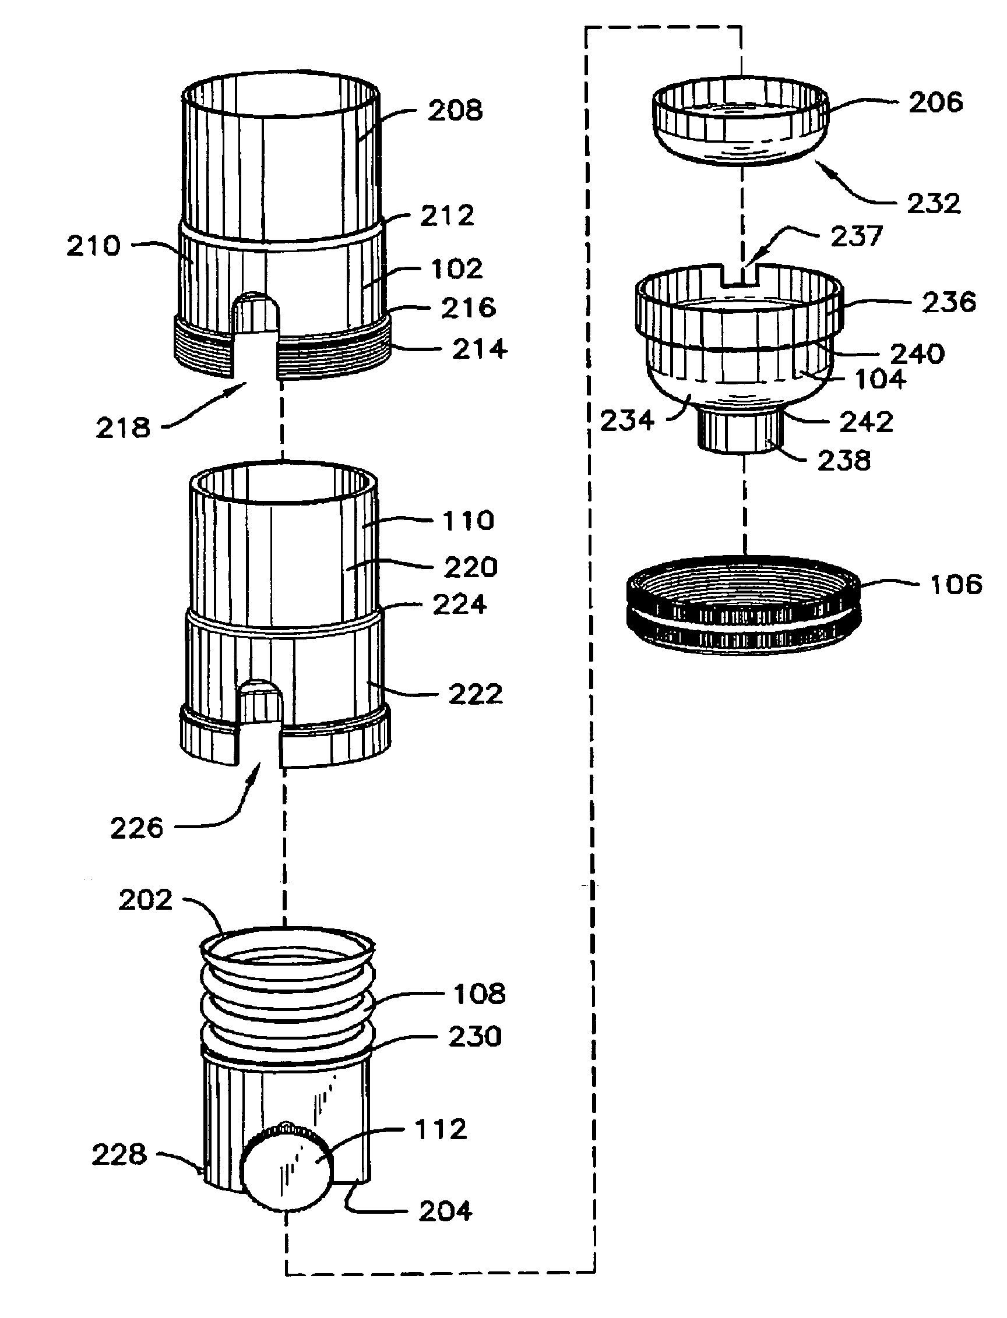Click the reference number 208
tap(455, 111)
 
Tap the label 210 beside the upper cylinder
tap(93, 246)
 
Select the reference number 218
tap(123, 427)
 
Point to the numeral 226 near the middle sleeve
tap(137, 829)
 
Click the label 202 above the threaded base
tap(146, 900)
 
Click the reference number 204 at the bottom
tap(445, 1212)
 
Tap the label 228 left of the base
tap(119, 1154)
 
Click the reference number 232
tap(933, 204)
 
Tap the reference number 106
tap(956, 584)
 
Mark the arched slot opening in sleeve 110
tap(260, 707)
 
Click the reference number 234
tap(627, 421)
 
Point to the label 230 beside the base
tap(475, 1037)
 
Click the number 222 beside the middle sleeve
tap(475, 695)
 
